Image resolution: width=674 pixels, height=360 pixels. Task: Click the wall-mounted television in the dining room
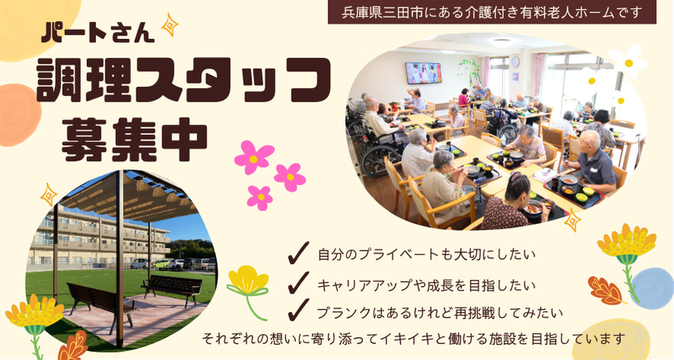coord(423,73)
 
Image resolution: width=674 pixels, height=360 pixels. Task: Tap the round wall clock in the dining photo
coord(515,63)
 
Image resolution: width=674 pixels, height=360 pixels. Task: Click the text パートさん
coord(98,32)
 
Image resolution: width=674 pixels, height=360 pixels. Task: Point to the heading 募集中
coord(134,139)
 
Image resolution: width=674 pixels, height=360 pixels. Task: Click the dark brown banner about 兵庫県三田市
coord(492,12)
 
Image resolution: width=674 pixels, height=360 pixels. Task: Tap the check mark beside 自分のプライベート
coord(298,252)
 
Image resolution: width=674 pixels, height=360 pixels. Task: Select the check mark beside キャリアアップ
coord(298,282)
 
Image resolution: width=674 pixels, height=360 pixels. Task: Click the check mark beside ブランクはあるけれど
coord(298,310)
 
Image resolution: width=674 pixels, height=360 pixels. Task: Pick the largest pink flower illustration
coord(254,157)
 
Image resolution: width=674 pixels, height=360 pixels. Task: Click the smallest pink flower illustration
coord(260,198)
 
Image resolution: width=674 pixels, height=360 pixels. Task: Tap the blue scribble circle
coord(651,288)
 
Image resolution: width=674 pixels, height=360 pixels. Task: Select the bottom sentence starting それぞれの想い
coord(413,339)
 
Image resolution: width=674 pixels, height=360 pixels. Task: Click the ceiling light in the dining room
coord(502,42)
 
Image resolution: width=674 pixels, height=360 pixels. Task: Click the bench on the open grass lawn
coord(172,288)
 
